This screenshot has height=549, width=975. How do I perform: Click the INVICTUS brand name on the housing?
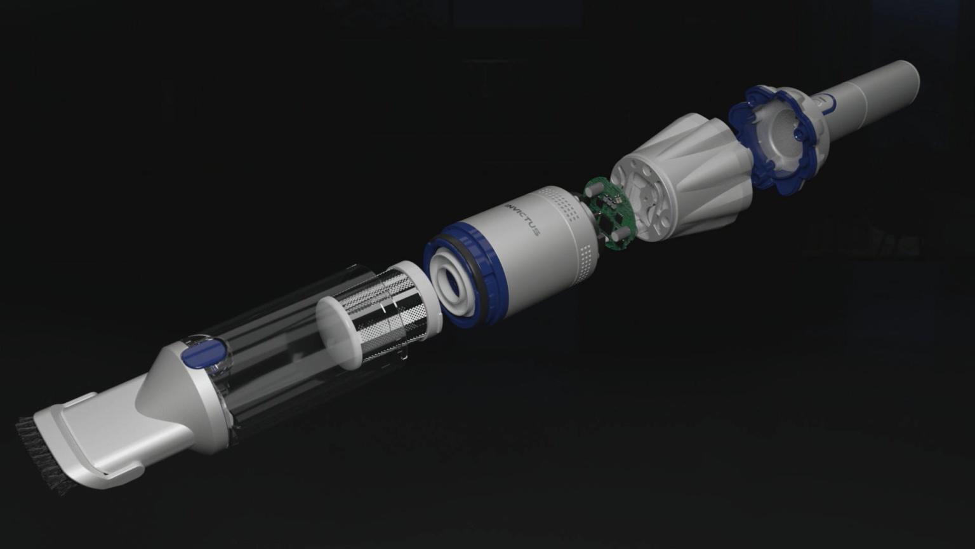coord(522,220)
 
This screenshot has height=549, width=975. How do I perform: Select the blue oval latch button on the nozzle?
coord(204,351)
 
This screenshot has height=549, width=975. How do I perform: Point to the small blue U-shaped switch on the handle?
coord(828,103)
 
